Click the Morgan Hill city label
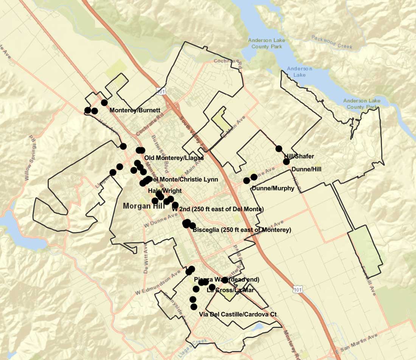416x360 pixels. click(144, 206)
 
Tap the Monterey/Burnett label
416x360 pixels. click(135, 110)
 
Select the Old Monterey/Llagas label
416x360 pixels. click(174, 158)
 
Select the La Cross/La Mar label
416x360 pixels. click(230, 290)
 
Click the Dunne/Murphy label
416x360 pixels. click(273, 188)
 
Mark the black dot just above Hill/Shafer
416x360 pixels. click(279, 148)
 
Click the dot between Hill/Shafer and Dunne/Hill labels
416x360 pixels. click(286, 162)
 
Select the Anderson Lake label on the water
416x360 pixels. click(299, 72)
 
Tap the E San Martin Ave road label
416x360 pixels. click(357, 344)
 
